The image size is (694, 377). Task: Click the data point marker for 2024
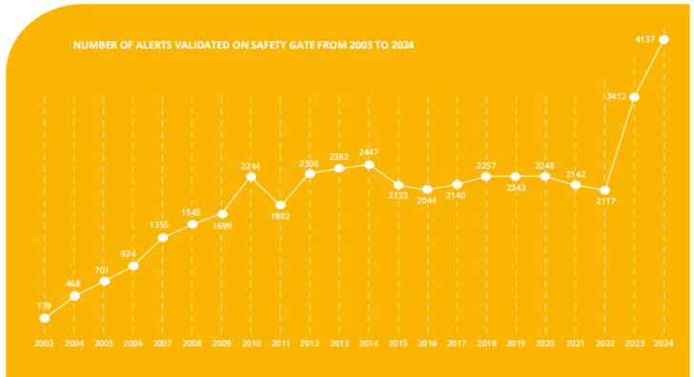coord(663,39)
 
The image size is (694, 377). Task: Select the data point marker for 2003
coord(44,318)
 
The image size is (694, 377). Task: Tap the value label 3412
coord(616,96)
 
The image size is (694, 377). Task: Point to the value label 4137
coord(644,39)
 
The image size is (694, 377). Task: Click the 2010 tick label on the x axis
coord(251,344)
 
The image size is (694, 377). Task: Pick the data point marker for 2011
coord(280,205)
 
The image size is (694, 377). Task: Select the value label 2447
coord(369,152)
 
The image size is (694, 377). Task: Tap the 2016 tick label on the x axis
coord(427,344)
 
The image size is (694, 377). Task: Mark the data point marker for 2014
coord(369,165)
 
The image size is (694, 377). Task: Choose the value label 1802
coord(280,216)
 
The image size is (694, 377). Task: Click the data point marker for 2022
coord(604,190)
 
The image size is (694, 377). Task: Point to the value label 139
coord(44,306)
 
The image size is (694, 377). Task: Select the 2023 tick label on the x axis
coord(634,344)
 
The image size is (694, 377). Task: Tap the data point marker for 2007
coord(163,237)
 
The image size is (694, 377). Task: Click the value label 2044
coord(427,201)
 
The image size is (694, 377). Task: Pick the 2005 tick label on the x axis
coord(104,344)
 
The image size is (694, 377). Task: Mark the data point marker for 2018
coord(486,177)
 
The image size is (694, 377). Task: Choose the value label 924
coord(128,254)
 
